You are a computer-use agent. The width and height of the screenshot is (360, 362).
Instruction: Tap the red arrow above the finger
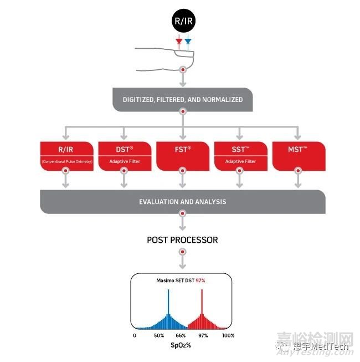tap(178, 42)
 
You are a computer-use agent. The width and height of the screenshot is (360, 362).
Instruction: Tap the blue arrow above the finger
tap(188, 42)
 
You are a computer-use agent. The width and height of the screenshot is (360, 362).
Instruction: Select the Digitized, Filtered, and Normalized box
tap(182, 100)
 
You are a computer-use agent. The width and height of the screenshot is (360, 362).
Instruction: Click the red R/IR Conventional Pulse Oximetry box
tap(66, 155)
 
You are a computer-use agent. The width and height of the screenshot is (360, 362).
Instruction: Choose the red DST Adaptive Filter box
tap(124, 155)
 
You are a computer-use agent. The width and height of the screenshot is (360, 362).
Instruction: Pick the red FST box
tap(182, 155)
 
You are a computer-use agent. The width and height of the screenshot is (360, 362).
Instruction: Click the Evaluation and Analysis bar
tap(182, 201)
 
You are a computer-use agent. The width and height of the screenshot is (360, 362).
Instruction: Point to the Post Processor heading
tap(182, 240)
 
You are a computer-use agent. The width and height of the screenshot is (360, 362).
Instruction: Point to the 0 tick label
tap(135, 335)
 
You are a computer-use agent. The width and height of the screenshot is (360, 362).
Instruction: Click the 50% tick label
tap(159, 335)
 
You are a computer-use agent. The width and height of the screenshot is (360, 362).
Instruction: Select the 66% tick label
tap(181, 335)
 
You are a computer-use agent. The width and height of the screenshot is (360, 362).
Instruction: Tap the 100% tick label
tap(228, 335)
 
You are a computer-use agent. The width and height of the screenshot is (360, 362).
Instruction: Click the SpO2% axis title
tap(181, 345)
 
